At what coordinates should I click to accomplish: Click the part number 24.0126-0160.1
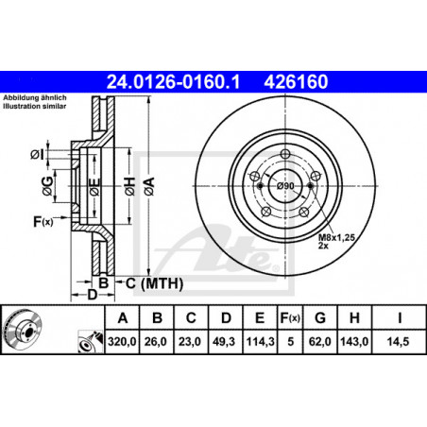pyautogui.click(x=173, y=82)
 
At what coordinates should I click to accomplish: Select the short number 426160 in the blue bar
pyautogui.click(x=296, y=82)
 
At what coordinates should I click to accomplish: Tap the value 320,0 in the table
pyautogui.click(x=122, y=341)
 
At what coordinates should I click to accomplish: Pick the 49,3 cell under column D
pyautogui.click(x=224, y=341)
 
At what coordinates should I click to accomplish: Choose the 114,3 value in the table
pyautogui.click(x=260, y=341)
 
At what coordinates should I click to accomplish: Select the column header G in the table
pyautogui.click(x=320, y=318)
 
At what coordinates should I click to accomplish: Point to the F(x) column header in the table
pyautogui.click(x=290, y=318)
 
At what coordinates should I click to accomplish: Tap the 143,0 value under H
pyautogui.click(x=354, y=341)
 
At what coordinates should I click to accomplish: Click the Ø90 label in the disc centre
pyautogui.click(x=285, y=186)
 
